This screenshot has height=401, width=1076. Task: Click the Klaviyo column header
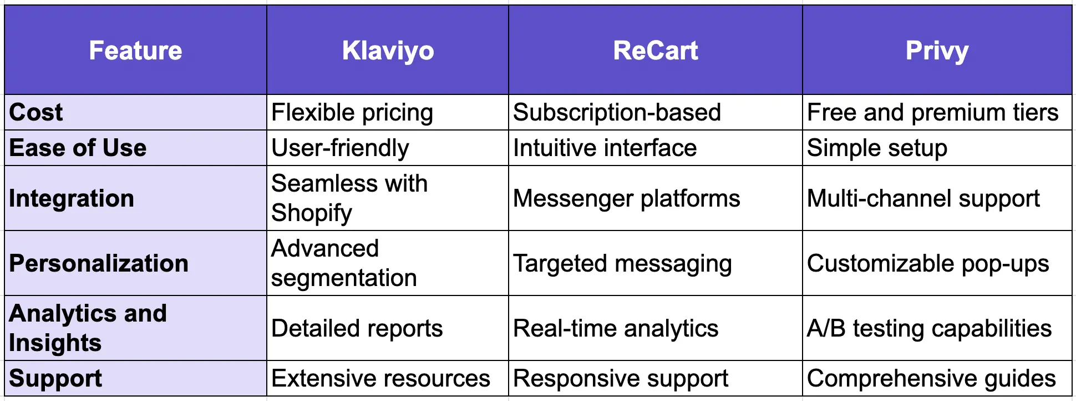pos(388,51)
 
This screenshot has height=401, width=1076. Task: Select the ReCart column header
pos(655,51)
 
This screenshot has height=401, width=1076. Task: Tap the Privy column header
pos(937,51)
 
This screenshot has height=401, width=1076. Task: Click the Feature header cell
pos(135,51)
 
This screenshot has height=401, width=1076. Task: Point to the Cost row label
pos(36,112)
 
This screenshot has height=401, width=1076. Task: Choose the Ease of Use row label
pos(78,148)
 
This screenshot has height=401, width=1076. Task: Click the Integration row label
pos(72,198)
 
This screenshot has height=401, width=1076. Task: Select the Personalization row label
pos(99,263)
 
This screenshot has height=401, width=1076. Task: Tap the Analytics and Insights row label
pos(88,328)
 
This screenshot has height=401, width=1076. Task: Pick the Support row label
pos(55,378)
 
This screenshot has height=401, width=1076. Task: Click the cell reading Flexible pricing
pos(352,112)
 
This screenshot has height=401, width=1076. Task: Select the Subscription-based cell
pos(617,112)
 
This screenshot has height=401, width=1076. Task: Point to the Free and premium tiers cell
pos(933,112)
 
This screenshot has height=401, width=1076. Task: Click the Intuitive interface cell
pos(605,148)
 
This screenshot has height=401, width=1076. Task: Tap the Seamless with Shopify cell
pos(349,198)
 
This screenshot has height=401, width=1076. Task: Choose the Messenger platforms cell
pos(626,198)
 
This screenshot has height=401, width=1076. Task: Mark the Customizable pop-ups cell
pos(928,263)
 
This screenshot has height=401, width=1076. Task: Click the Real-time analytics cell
pos(616,328)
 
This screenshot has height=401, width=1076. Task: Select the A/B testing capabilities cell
pos(929,328)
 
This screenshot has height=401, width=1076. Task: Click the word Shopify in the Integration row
pos(312,213)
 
